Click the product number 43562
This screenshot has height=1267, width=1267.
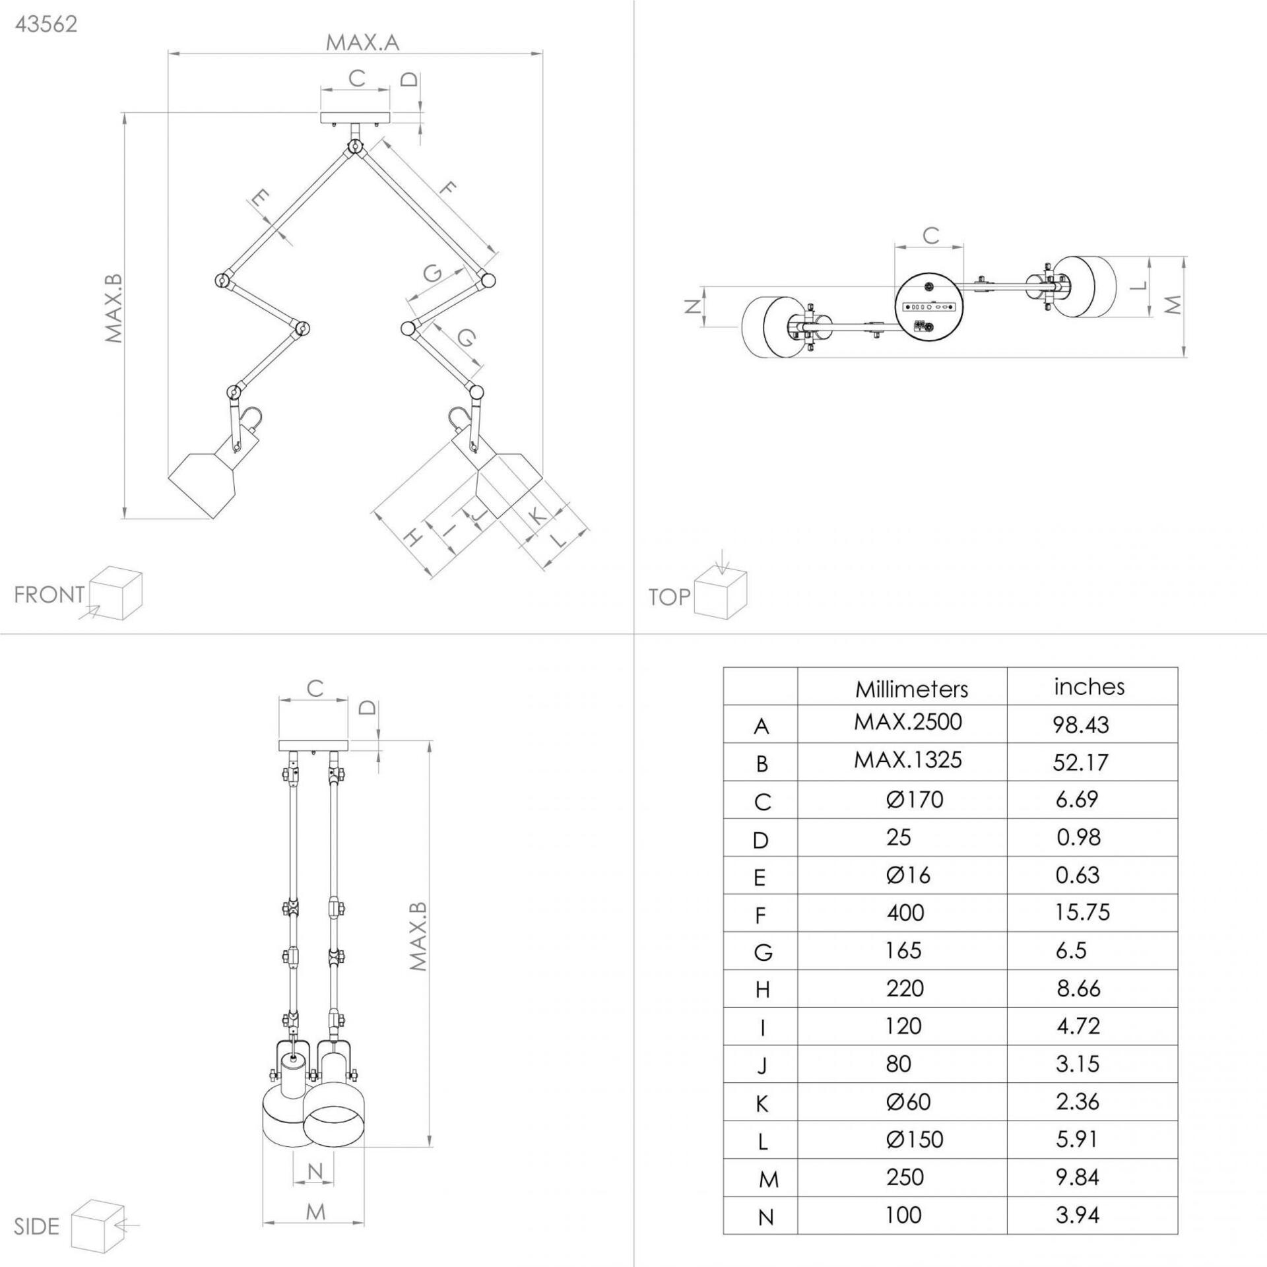click(x=46, y=24)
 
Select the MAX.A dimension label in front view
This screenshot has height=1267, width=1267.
click(x=362, y=43)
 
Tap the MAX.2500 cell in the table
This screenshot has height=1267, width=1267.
click(x=908, y=722)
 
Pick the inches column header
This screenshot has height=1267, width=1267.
click(x=1089, y=687)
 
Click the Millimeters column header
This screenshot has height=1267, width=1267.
click(x=911, y=689)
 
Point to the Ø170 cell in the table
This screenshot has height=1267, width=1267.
click(x=915, y=799)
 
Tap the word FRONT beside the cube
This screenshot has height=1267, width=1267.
click(x=49, y=595)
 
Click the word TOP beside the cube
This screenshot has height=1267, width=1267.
click(x=669, y=597)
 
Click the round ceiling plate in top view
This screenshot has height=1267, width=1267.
click(x=929, y=307)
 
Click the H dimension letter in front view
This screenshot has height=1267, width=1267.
click(x=412, y=538)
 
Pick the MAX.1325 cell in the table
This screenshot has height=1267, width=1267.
click(x=908, y=760)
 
